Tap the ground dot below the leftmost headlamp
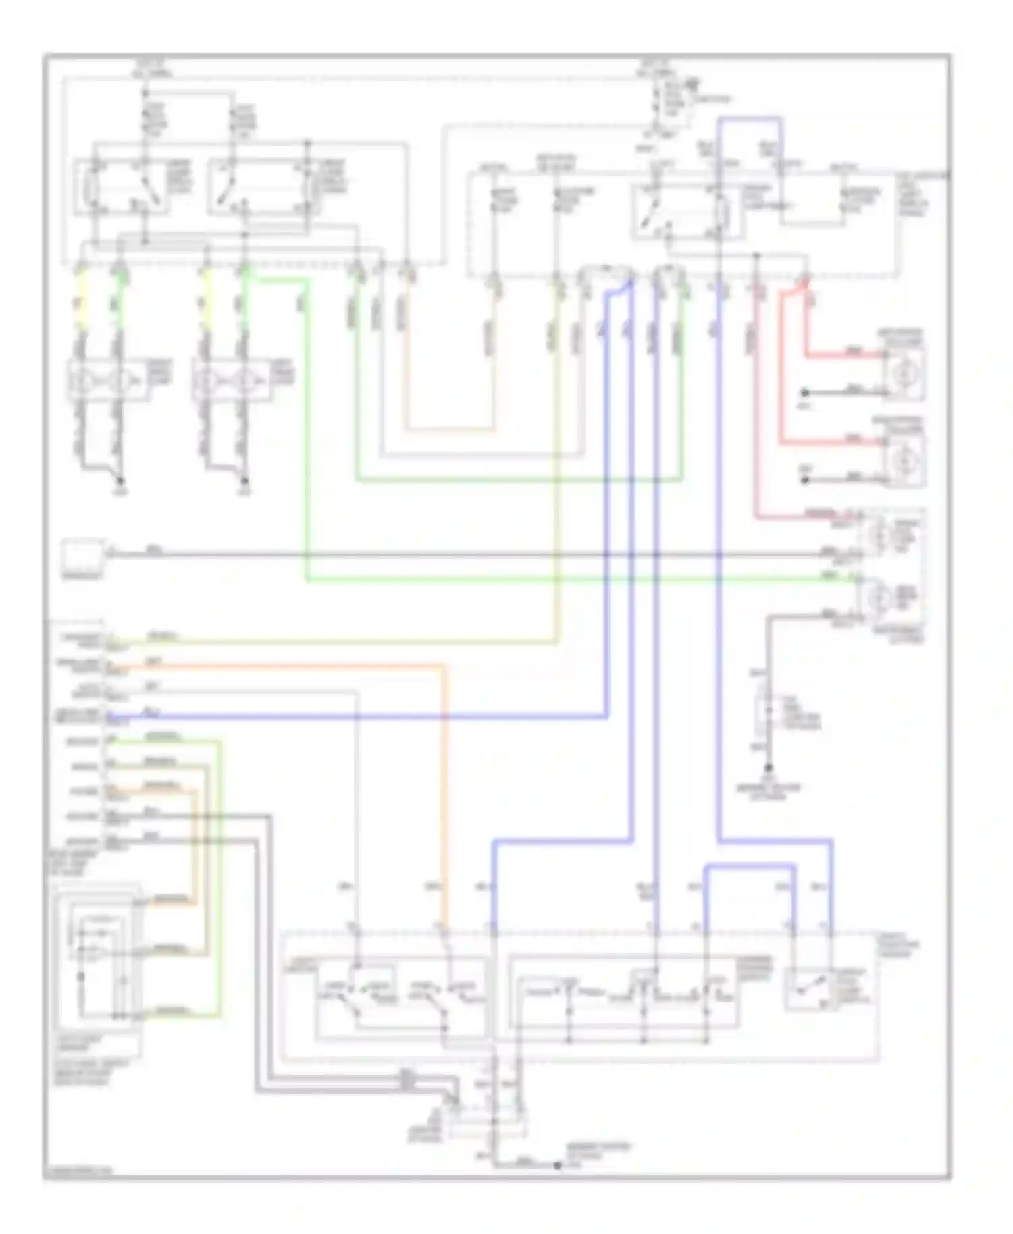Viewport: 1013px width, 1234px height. coord(121,481)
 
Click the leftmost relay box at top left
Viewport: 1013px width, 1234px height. coord(122,187)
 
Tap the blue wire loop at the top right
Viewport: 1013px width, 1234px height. coord(750,119)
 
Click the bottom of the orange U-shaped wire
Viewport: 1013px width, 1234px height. coord(450,429)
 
